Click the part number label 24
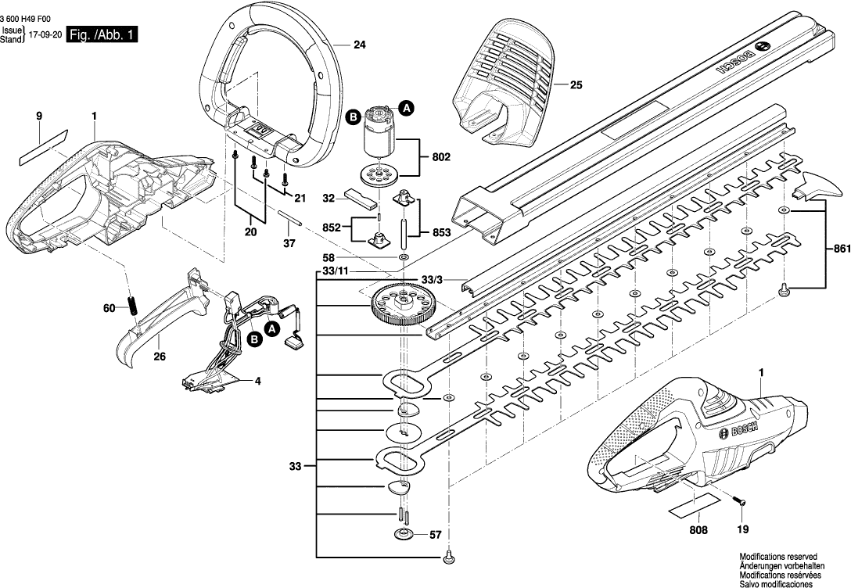[359, 45]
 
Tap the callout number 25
[576, 85]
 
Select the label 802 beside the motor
[440, 157]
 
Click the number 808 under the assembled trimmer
[698, 530]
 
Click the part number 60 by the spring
[110, 309]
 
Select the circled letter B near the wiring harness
[254, 339]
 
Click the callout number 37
[291, 243]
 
